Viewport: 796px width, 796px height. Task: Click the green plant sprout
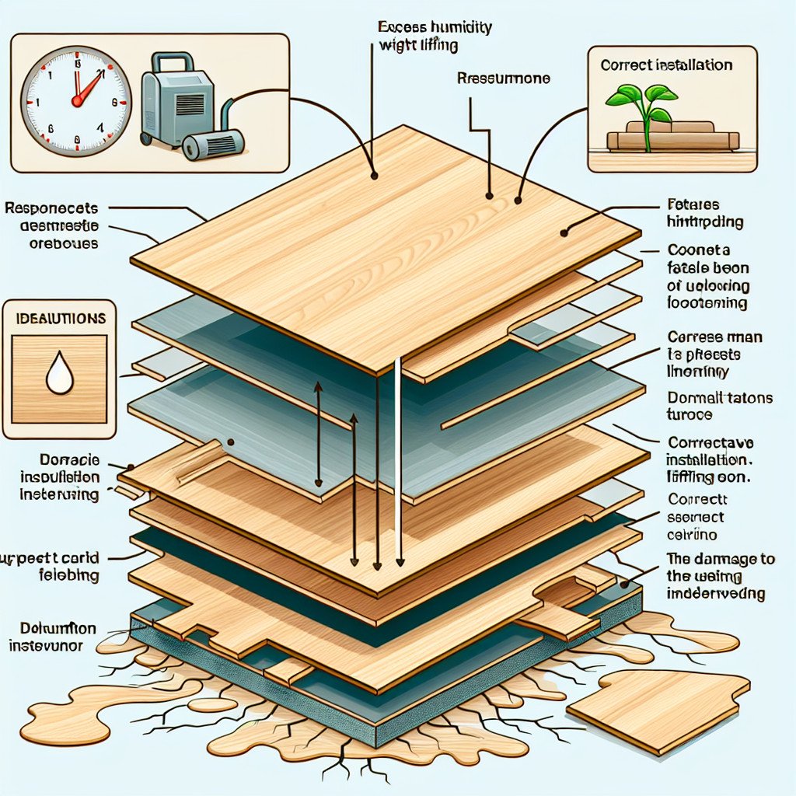point(644,109)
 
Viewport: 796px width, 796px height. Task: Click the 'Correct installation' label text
point(666,65)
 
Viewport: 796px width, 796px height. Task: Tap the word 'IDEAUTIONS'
point(60,319)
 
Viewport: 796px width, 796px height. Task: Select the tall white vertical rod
point(399,459)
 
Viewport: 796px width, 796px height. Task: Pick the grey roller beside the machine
point(213,145)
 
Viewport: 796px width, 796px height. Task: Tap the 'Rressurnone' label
point(504,79)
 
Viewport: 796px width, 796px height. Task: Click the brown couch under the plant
point(672,138)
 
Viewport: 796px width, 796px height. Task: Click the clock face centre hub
point(76,101)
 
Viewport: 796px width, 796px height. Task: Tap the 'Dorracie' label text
point(49,460)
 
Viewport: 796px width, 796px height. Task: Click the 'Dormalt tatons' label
point(720,398)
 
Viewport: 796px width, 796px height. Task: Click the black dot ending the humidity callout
point(375,176)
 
